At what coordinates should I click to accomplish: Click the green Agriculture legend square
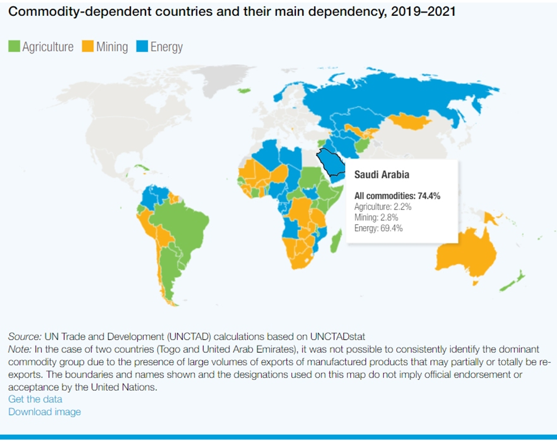[x=14, y=47]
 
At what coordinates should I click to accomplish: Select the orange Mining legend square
[x=88, y=47]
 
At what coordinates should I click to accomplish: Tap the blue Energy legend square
[x=141, y=47]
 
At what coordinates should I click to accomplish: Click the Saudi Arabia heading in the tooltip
[x=381, y=175]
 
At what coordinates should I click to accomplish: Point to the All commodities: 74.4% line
[x=397, y=196]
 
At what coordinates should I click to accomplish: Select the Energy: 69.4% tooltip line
[x=378, y=228]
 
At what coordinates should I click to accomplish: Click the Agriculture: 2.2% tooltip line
[x=383, y=207]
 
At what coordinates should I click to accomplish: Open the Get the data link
[x=35, y=399]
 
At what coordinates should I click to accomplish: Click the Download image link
[x=44, y=412]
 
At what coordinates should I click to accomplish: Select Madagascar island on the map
[x=335, y=240]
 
